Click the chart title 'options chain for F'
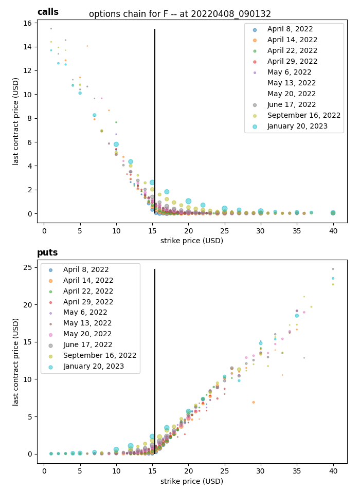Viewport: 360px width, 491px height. coord(180,14)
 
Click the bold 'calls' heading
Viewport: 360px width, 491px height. coord(48,12)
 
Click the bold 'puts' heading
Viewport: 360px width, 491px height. coord(47,252)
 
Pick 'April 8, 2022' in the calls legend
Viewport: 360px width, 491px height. coord(290,29)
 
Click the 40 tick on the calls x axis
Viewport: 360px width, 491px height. coord(333,231)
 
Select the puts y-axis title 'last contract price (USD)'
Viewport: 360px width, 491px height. coord(16,361)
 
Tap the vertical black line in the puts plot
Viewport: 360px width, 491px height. coord(155,360)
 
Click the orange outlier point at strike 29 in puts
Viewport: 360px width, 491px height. coord(254,402)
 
